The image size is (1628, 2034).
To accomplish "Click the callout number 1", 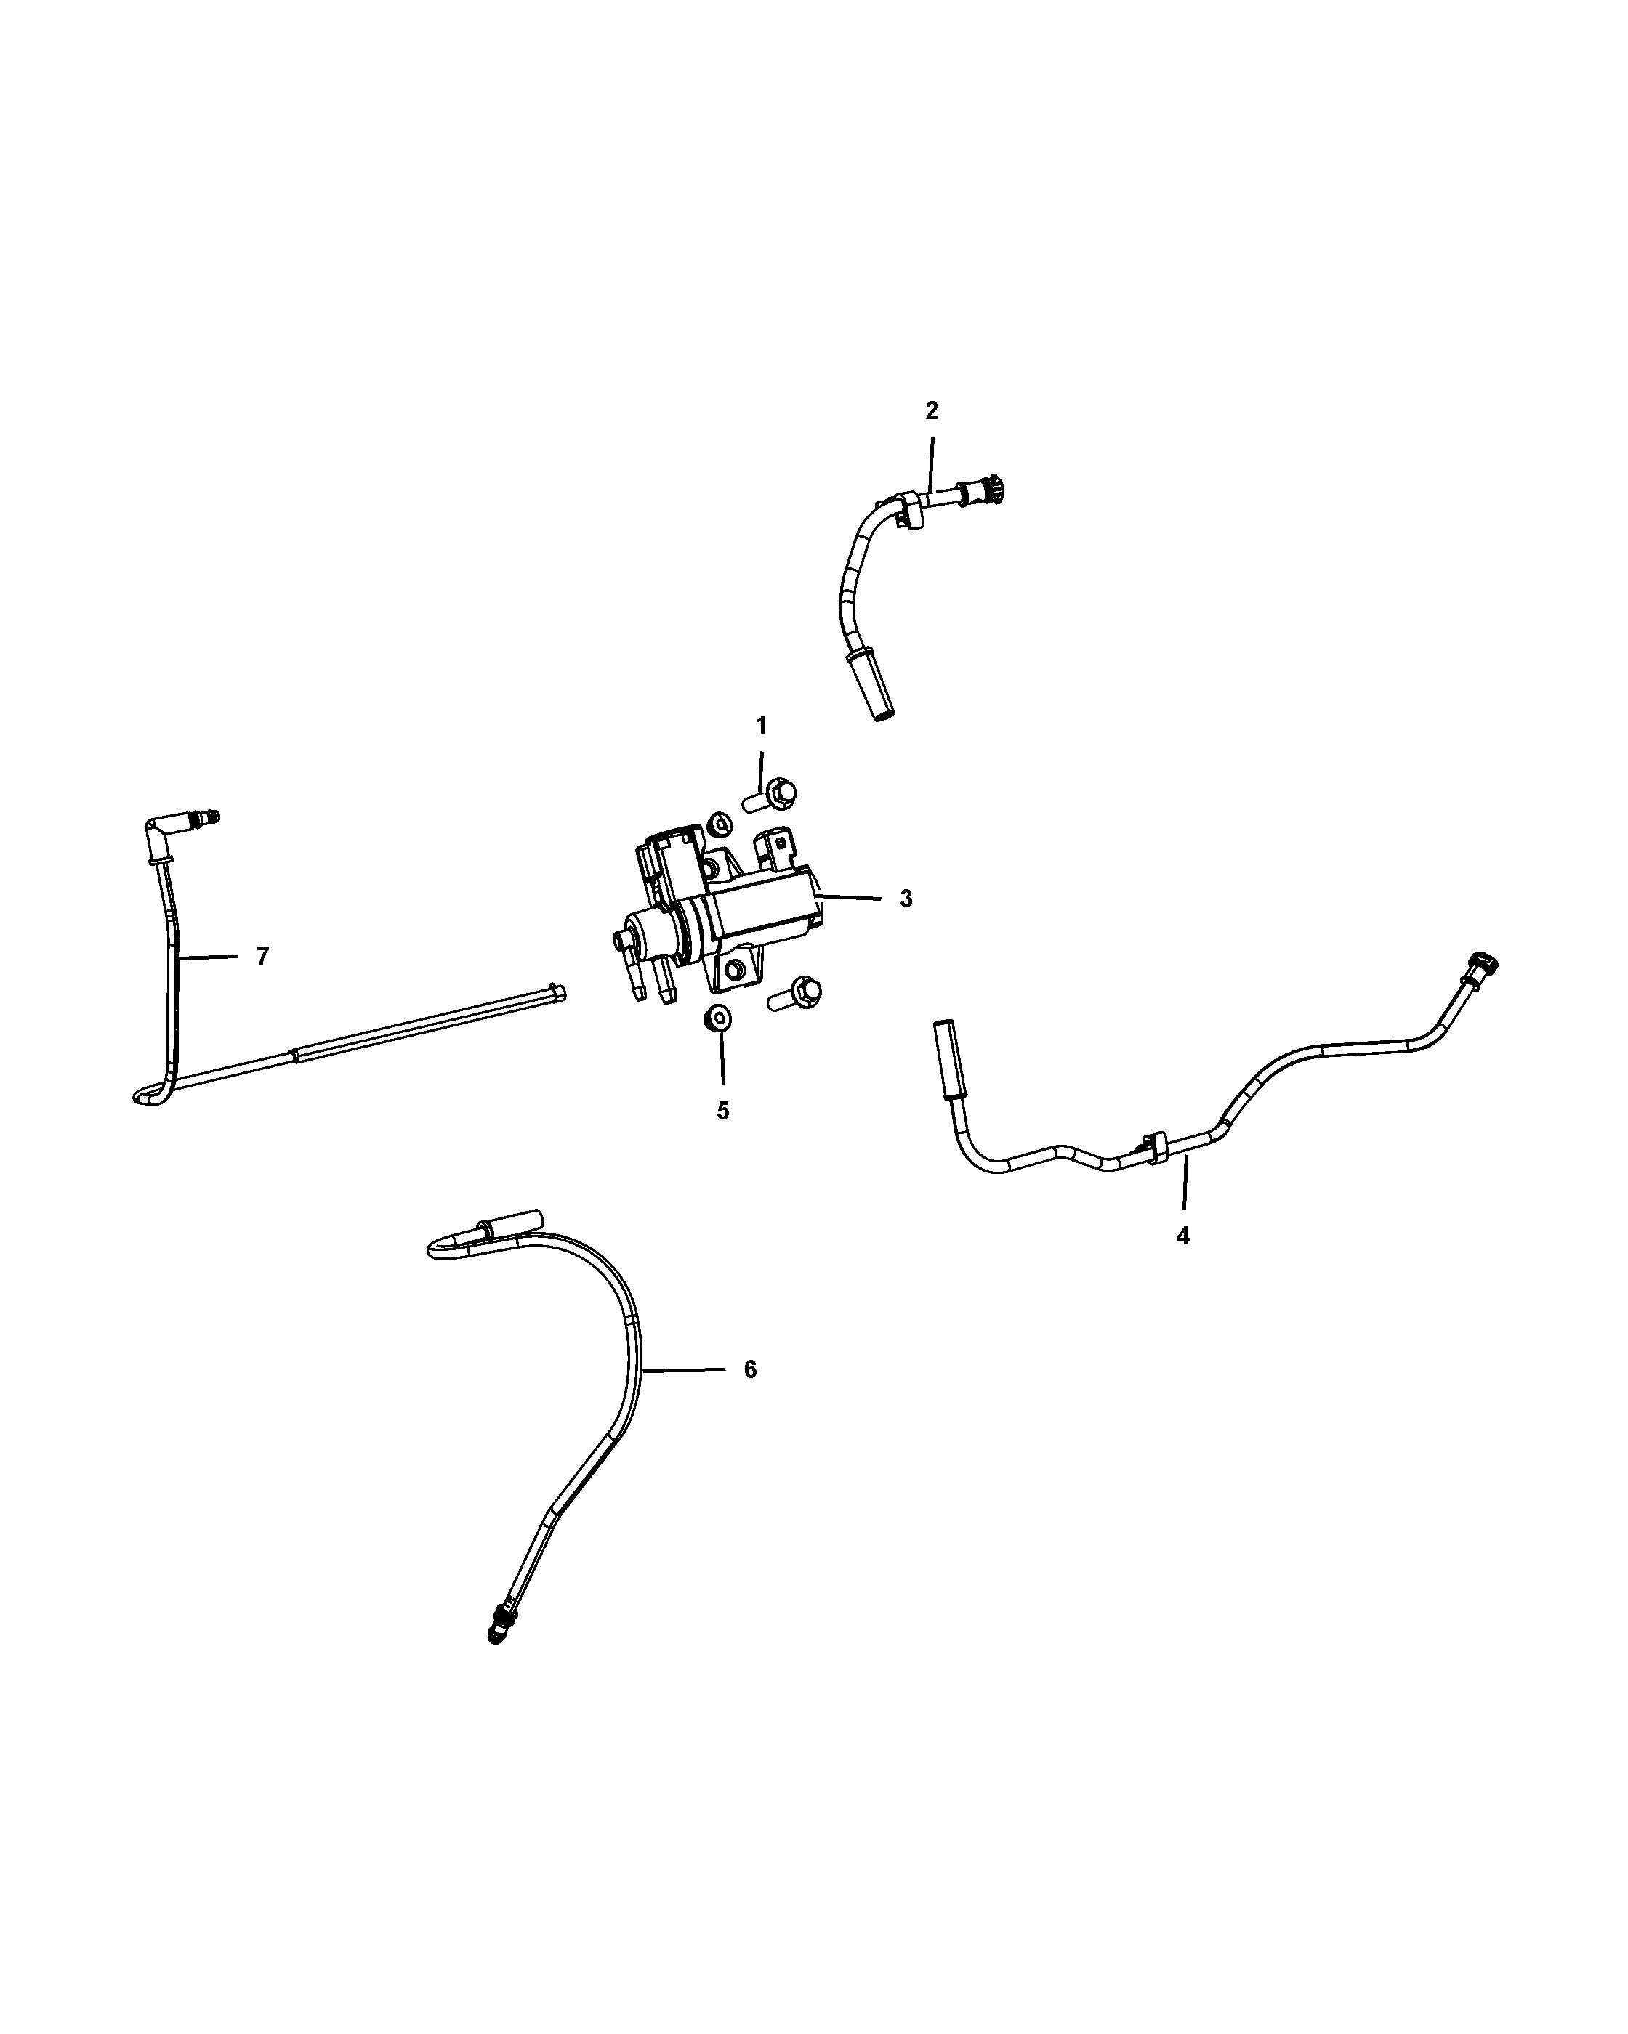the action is [761, 726].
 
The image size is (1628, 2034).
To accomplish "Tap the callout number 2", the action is [932, 410].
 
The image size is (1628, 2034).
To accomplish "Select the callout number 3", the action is [906, 899].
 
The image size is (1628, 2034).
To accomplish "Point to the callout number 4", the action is [1182, 1235].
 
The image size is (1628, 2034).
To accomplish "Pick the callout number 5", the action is [723, 1111].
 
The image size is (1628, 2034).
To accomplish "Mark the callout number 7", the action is [262, 957].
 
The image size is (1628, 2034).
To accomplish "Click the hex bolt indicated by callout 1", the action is [771, 795].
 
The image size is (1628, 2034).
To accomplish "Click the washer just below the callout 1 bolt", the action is [719, 822].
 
